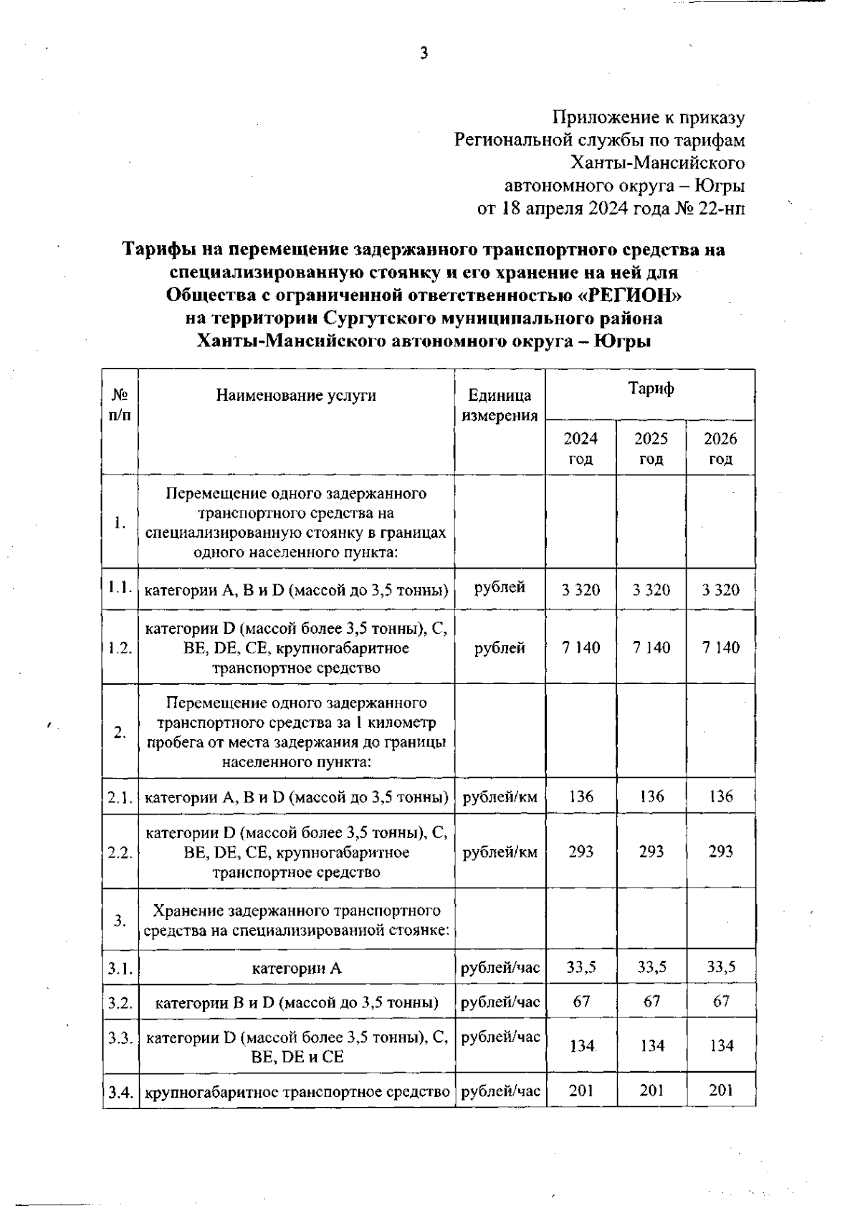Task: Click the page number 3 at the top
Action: pyautogui.click(x=424, y=54)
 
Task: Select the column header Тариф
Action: pyautogui.click(x=650, y=389)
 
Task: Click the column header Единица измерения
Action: pyautogui.click(x=500, y=405)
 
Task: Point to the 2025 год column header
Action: pyautogui.click(x=651, y=448)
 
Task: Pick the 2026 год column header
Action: pyautogui.click(x=720, y=448)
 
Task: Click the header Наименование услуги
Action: pyautogui.click(x=296, y=395)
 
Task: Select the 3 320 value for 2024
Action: pyautogui.click(x=580, y=590)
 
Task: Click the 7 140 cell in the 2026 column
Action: pyautogui.click(x=720, y=647)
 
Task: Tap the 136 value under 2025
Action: pyautogui.click(x=651, y=796)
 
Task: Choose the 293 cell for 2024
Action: pyautogui.click(x=580, y=851)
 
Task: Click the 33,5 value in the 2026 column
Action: pyautogui.click(x=720, y=967)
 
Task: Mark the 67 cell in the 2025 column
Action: pyautogui.click(x=651, y=1001)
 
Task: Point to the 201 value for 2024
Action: pyautogui.click(x=580, y=1090)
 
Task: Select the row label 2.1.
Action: pyautogui.click(x=120, y=797)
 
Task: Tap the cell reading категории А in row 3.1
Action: pyautogui.click(x=296, y=969)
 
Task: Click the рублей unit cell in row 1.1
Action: pyautogui.click(x=500, y=588)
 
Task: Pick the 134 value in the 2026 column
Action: pyautogui.click(x=720, y=1046)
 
